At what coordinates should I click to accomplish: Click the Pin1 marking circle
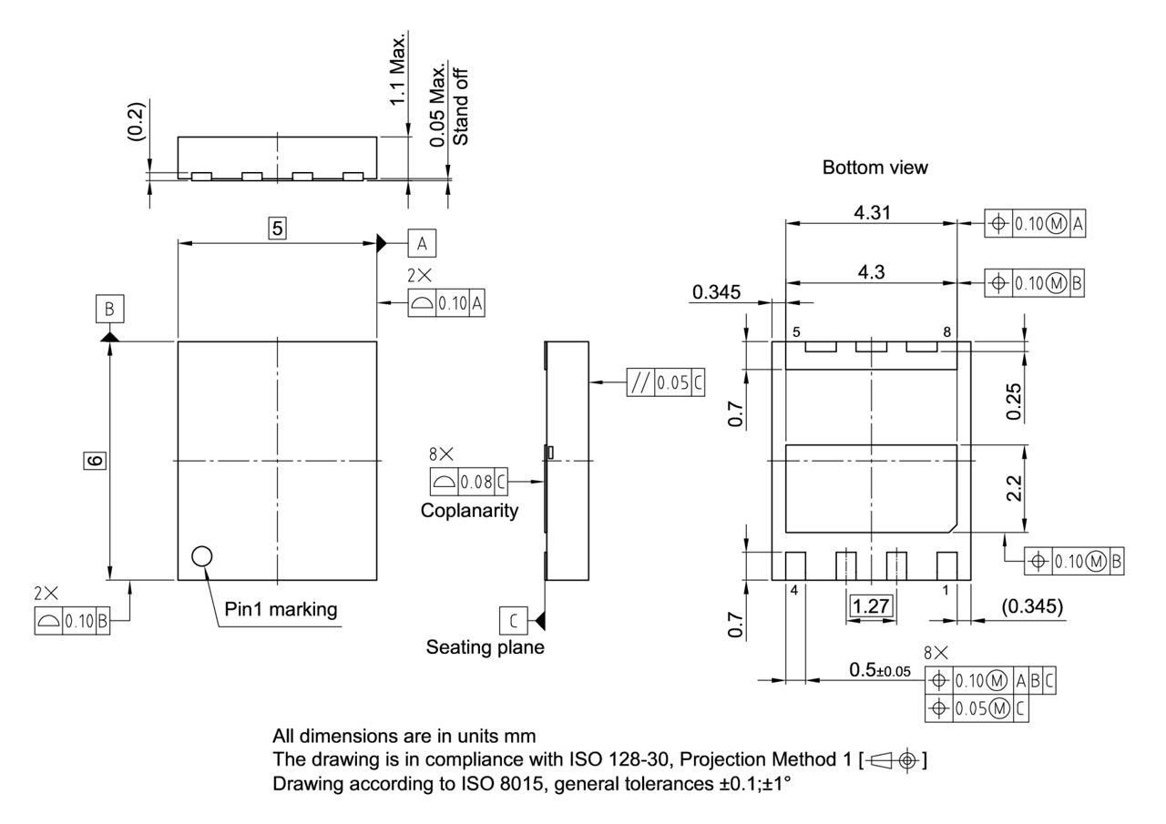[201, 555]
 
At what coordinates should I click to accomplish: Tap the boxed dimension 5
[277, 229]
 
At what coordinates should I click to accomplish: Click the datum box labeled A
[421, 243]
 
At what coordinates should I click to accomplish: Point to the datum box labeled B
[109, 310]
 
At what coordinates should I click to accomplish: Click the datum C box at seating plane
[513, 621]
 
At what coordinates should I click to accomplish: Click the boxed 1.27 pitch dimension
[872, 605]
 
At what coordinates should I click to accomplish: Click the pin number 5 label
[796, 332]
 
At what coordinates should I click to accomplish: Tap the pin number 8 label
[946, 332]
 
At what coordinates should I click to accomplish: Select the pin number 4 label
[793, 590]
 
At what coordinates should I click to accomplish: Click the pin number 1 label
[946, 590]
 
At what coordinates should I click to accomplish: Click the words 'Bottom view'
[874, 168]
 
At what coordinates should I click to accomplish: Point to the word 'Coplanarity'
[469, 511]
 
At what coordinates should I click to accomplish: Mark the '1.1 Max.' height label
[398, 68]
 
